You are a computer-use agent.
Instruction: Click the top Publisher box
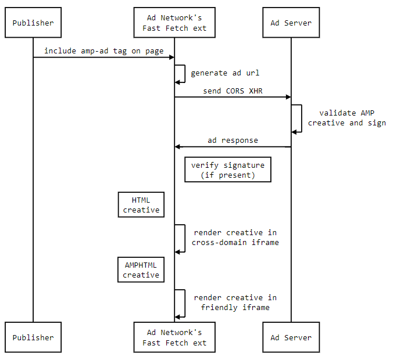tap(33, 23)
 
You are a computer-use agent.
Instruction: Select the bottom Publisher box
tap(33, 337)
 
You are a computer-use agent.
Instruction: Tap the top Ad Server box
tap(291, 23)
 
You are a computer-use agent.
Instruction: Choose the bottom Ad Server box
tap(291, 337)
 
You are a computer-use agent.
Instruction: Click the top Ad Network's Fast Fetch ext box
tap(174, 23)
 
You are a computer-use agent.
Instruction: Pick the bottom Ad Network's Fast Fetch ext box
tap(174, 337)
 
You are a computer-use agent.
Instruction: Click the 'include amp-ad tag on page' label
tap(104, 51)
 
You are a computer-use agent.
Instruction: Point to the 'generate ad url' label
tap(225, 73)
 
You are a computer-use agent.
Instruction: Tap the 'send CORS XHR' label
tap(233, 91)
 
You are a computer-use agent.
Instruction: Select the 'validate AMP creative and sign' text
tap(346, 118)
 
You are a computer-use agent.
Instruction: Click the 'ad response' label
tap(233, 141)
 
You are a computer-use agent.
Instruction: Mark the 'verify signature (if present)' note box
tap(228, 170)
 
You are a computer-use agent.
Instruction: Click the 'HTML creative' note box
tap(141, 204)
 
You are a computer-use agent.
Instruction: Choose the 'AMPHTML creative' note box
tap(141, 270)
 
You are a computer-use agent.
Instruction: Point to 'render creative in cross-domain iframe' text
tap(235, 237)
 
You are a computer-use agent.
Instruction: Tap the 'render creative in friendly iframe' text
tap(235, 303)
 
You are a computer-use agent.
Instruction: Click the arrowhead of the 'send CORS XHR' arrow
tap(288, 97)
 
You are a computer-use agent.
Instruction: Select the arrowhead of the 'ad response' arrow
tap(178, 147)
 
